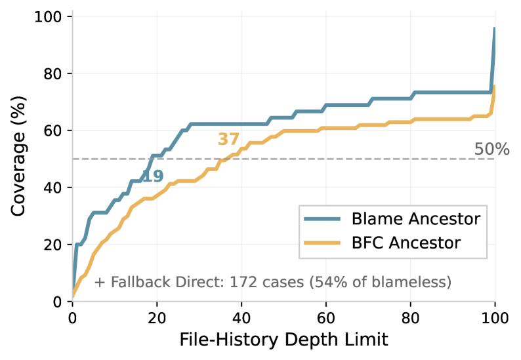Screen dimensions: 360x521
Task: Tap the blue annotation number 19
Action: click(152, 176)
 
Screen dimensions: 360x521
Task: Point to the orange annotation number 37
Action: click(228, 139)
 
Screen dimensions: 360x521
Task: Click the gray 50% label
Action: click(491, 150)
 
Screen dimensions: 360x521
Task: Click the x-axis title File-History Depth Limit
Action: click(283, 340)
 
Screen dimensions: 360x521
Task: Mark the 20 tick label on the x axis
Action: click(156, 318)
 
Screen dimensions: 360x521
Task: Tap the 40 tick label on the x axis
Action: click(241, 318)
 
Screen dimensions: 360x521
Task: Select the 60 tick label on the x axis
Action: click(325, 318)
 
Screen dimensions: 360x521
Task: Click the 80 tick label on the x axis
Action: click(410, 318)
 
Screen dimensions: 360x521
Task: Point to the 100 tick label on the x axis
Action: click(494, 318)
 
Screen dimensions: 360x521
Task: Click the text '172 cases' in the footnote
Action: click(289, 283)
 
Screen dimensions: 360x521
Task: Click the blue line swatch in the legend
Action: click(322, 218)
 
